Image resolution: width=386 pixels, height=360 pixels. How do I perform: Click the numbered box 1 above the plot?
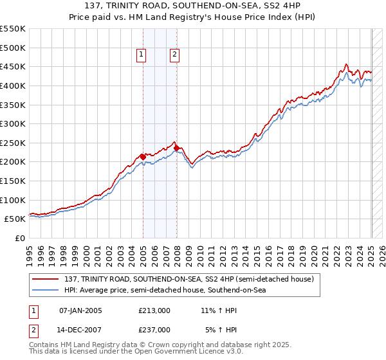(141, 55)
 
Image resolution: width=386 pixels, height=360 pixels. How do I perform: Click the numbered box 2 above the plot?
(174, 55)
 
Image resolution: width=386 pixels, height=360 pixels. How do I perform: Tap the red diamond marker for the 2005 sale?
(143, 156)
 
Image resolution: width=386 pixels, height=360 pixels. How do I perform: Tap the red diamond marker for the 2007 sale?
(176, 147)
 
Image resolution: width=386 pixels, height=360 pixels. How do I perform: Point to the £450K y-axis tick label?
(13, 66)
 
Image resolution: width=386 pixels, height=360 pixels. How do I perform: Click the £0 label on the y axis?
(21, 238)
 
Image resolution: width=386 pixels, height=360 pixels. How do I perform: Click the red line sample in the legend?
(45, 279)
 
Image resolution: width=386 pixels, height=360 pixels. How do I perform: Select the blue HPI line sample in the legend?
(45, 290)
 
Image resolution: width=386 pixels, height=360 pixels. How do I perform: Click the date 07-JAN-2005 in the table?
(80, 310)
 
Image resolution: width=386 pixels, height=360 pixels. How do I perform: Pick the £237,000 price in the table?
(154, 329)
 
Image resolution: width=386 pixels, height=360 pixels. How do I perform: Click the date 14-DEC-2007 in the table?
(80, 329)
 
